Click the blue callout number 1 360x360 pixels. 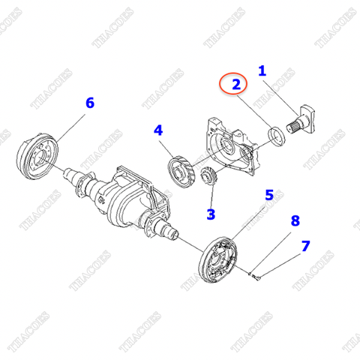click(x=262, y=71)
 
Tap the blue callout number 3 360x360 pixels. click(x=211, y=214)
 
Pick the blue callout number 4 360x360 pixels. click(x=158, y=130)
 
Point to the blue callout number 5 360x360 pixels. click(x=268, y=196)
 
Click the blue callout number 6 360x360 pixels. click(x=89, y=103)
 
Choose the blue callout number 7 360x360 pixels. click(x=304, y=245)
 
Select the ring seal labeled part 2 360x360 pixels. click(x=276, y=136)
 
